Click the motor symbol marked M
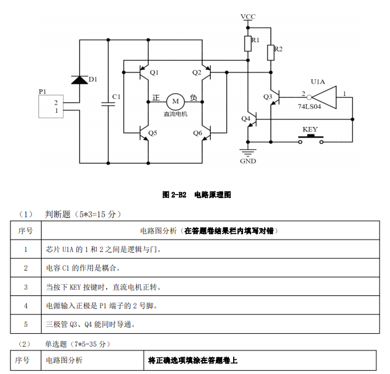[175, 101]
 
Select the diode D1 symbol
[79, 79]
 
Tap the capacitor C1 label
[116, 97]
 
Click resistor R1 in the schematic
[247, 43]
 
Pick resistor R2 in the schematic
[271, 52]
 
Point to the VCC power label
[248, 16]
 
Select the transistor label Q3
[268, 97]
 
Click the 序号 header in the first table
[26, 230]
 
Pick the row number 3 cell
[26, 287]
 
